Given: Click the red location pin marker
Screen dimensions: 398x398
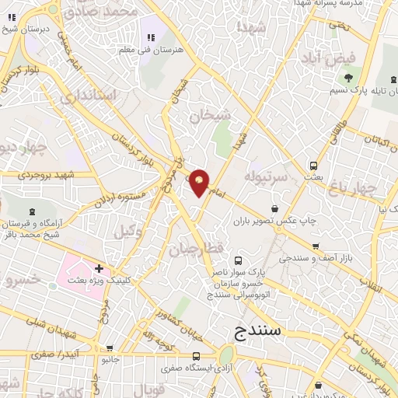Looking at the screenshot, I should click(200, 182).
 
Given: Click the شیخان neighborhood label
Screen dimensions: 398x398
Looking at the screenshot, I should click(211, 116).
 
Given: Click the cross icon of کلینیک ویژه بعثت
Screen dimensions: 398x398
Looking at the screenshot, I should click(99, 268).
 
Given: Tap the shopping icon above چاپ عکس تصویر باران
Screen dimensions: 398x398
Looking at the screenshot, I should click(275, 208).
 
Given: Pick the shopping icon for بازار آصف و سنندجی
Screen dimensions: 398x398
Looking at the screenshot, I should click(316, 246).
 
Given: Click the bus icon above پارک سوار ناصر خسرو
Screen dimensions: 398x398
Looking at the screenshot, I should click(237, 261).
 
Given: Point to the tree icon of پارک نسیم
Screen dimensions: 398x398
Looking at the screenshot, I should click(347, 78).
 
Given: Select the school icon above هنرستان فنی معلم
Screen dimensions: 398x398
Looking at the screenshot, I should click(150, 37).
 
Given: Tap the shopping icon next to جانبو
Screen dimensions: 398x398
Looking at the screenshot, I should click(110, 348).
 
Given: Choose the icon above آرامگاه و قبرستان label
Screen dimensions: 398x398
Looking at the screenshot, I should click(31, 212).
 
